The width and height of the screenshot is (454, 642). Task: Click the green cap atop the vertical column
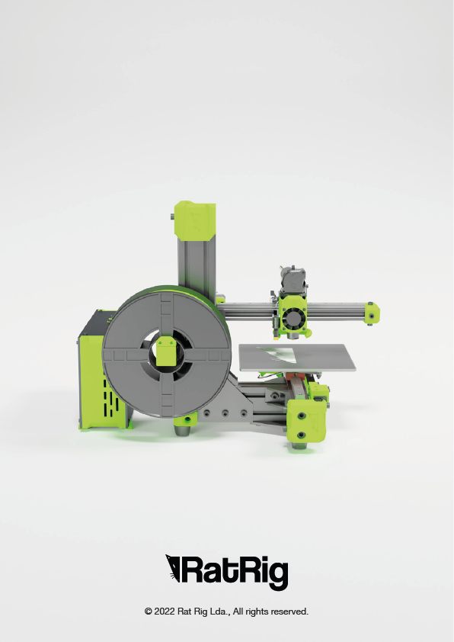195,220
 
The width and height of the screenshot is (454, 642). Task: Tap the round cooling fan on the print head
293,318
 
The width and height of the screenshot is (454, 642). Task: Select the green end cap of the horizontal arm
372,313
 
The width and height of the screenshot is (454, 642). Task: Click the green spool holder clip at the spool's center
165,351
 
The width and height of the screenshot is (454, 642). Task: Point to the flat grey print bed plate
297,358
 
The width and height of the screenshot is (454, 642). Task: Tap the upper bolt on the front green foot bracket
302,416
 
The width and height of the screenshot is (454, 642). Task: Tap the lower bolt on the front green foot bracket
302,435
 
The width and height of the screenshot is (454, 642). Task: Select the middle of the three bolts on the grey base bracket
225,413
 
